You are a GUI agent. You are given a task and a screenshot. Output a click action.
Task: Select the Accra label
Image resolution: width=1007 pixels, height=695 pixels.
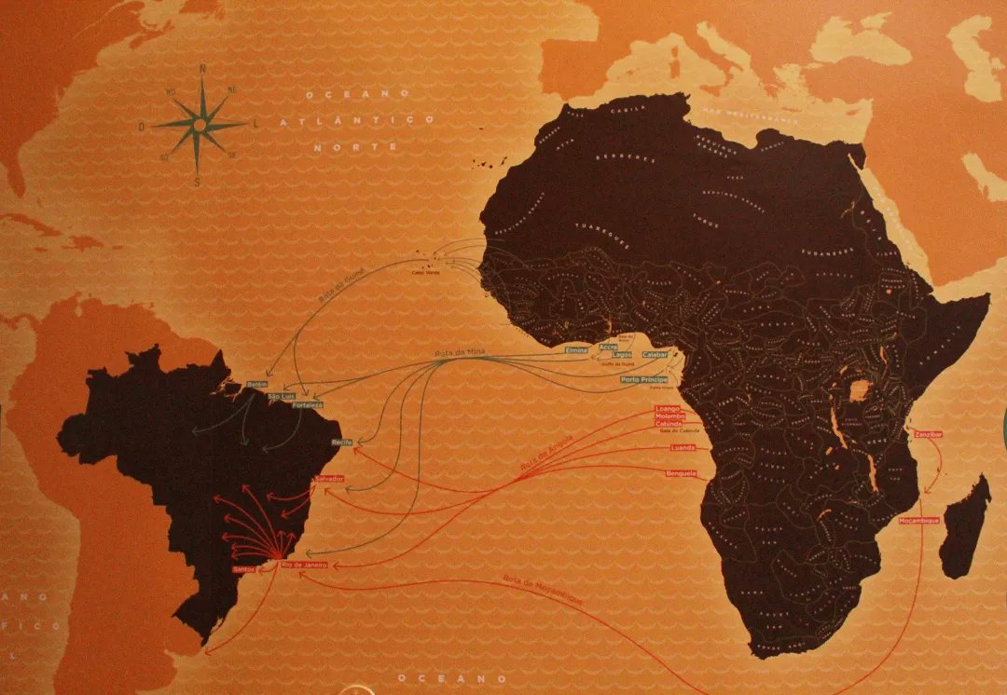(x=609, y=347)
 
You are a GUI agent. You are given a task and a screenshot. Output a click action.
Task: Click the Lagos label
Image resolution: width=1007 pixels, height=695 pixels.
(x=622, y=356)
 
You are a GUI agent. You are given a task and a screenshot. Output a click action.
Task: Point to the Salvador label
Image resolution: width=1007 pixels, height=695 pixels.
(x=329, y=478)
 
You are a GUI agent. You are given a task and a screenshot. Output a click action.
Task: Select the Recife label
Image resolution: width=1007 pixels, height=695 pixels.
(x=342, y=442)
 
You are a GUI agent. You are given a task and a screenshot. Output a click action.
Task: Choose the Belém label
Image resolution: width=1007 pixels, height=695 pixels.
(x=257, y=384)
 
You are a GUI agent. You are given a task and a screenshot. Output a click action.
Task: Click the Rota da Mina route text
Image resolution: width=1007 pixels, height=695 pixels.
(x=456, y=354)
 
